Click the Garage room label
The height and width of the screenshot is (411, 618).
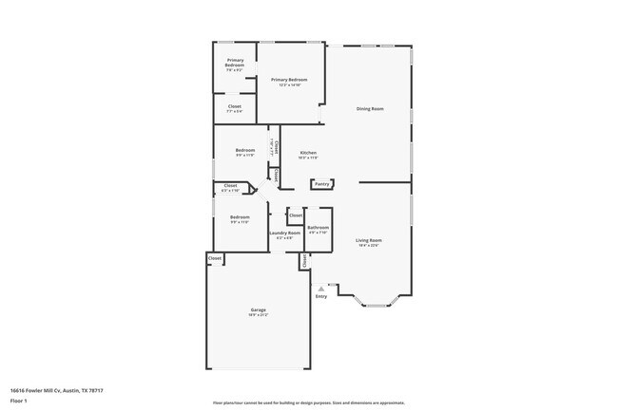258,310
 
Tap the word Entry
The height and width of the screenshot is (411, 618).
321,297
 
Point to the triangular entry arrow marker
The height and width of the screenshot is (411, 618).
321,289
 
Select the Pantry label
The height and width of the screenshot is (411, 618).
321,184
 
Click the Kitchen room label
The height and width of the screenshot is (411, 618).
308,153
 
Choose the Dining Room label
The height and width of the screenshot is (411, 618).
370,109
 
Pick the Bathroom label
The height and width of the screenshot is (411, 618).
318,227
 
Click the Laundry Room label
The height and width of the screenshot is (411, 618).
284,233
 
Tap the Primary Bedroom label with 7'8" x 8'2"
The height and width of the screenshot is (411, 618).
235,64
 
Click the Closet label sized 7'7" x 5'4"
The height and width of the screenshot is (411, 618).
234,106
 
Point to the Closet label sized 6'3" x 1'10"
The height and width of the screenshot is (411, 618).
230,188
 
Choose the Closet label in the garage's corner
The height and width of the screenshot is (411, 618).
215,258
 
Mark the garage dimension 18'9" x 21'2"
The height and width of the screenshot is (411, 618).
258,315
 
